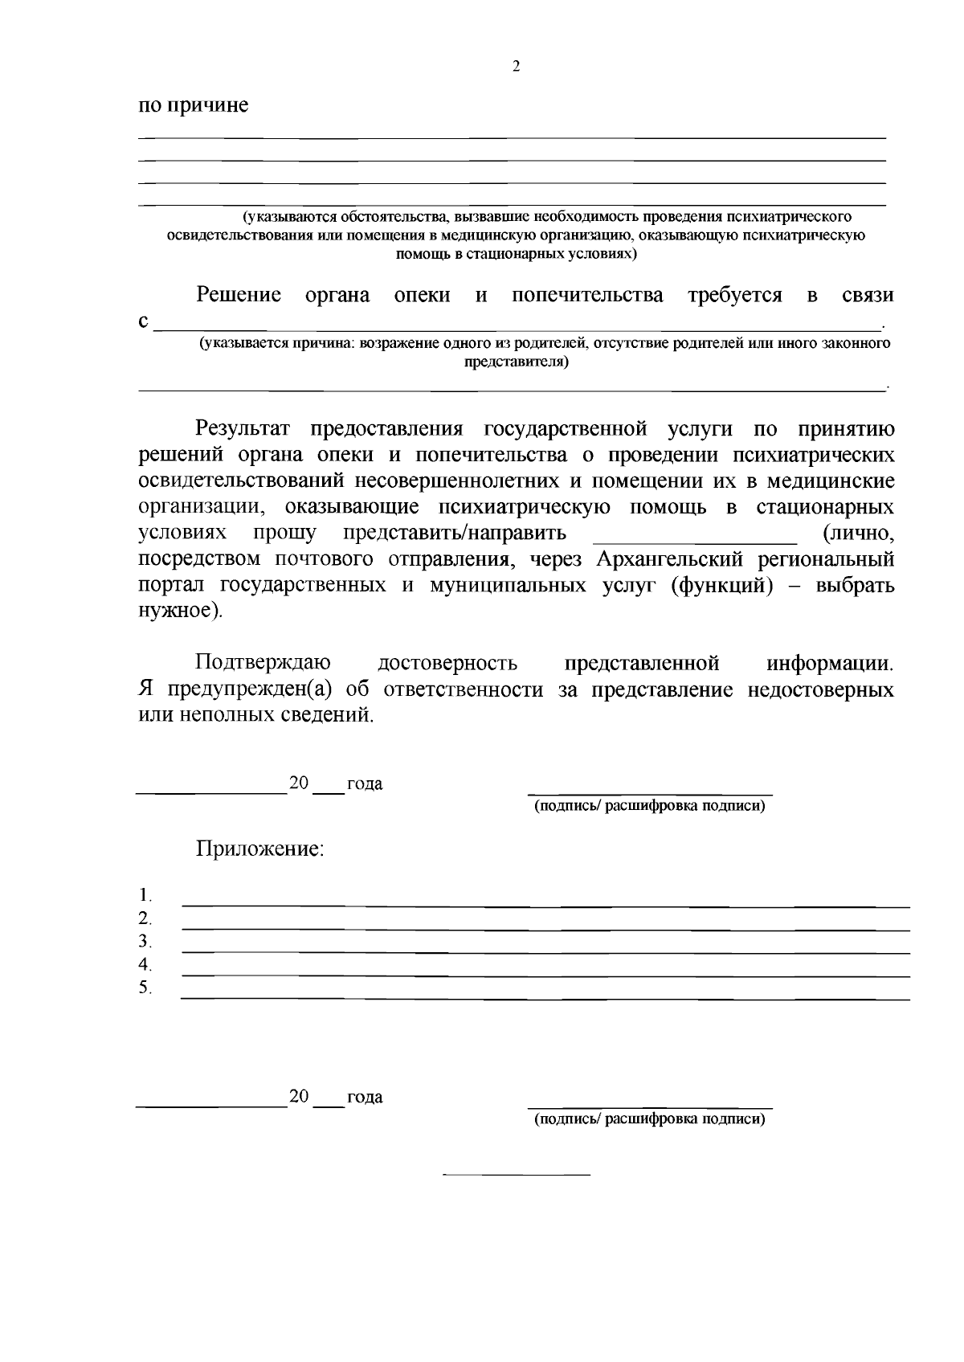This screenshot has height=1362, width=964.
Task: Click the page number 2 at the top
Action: (516, 67)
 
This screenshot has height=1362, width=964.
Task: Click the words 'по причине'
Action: (194, 105)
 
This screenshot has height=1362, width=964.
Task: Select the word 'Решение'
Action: (239, 295)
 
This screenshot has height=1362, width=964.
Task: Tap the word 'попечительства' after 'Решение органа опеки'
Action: (587, 295)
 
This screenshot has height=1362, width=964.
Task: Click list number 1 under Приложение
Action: (145, 895)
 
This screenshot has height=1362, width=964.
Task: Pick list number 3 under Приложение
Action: (145, 941)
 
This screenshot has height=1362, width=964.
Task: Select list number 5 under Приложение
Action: (145, 988)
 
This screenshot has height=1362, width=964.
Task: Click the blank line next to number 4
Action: (546, 975)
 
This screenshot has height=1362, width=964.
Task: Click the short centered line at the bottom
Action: (517, 1176)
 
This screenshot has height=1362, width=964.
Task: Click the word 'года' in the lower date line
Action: (364, 1097)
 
